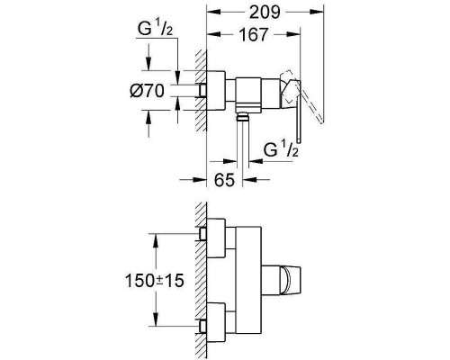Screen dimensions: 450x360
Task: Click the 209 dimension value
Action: click(x=265, y=13)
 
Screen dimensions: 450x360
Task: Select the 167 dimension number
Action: click(x=253, y=35)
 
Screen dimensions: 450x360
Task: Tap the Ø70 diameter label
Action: click(x=147, y=91)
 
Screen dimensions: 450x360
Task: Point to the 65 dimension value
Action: click(x=224, y=180)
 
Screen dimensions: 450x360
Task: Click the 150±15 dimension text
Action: click(x=154, y=281)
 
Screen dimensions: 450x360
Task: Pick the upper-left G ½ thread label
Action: click(x=155, y=30)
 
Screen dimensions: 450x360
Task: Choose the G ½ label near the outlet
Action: click(x=281, y=149)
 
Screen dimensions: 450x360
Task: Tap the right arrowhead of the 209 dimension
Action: click(x=317, y=12)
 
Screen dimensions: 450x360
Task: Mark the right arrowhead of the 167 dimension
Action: click(x=292, y=34)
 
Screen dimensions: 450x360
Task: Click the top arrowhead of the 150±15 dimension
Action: click(x=156, y=241)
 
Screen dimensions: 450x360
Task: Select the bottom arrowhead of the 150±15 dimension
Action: click(x=156, y=319)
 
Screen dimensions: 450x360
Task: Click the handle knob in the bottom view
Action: click(x=290, y=280)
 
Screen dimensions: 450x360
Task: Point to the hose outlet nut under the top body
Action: click(x=243, y=116)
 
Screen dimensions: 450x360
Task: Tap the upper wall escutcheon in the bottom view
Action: click(x=215, y=238)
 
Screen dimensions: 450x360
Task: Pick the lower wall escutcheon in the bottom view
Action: click(x=215, y=322)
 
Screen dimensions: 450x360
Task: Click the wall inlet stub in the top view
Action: click(x=203, y=91)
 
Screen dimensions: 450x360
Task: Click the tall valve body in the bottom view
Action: click(x=248, y=280)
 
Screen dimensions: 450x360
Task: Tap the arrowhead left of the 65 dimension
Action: click(x=200, y=180)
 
